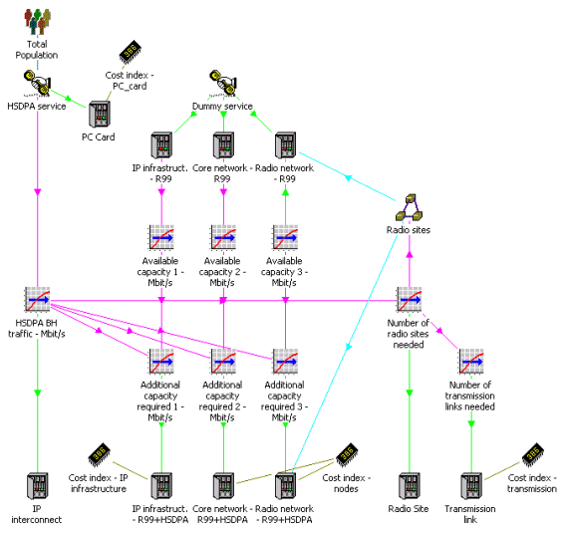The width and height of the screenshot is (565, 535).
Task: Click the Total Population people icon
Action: pyautogui.click(x=38, y=21)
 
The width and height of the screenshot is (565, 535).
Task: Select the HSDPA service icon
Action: pyautogui.click(x=38, y=84)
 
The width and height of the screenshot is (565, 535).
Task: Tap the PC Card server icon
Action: pyautogui.click(x=100, y=115)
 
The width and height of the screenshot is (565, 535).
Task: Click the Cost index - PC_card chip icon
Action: pyautogui.click(x=131, y=52)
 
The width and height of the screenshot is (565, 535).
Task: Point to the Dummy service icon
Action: pyautogui.click(x=223, y=84)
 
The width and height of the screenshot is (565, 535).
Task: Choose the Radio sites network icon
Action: pyautogui.click(x=409, y=207)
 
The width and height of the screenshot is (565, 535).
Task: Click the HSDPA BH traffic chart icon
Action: pyautogui.click(x=38, y=299)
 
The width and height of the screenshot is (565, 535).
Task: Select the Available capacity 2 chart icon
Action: pyautogui.click(x=223, y=237)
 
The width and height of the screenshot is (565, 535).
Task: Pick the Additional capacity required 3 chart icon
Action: pyautogui.click(x=285, y=361)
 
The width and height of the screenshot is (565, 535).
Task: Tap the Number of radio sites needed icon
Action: pyautogui.click(x=410, y=299)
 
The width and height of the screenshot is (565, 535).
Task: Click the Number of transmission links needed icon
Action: pyautogui.click(x=471, y=361)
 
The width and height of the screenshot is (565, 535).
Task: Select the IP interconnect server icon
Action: pyautogui.click(x=38, y=486)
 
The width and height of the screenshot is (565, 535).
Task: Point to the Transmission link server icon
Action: pyautogui.click(x=471, y=486)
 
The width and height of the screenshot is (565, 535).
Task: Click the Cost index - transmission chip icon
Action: pyautogui.click(x=533, y=454)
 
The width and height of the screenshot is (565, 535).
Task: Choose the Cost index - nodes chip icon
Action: pyautogui.click(x=347, y=454)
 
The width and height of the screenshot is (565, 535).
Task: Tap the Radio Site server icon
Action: pyautogui.click(x=410, y=486)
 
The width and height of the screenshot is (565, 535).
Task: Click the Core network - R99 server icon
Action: pyautogui.click(x=223, y=145)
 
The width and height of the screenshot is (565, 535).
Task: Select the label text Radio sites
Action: pyautogui.click(x=409, y=230)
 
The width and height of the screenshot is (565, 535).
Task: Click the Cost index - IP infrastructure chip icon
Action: pyautogui.click(x=99, y=454)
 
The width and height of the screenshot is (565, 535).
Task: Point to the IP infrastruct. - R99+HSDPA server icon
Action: pyautogui.click(x=161, y=486)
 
